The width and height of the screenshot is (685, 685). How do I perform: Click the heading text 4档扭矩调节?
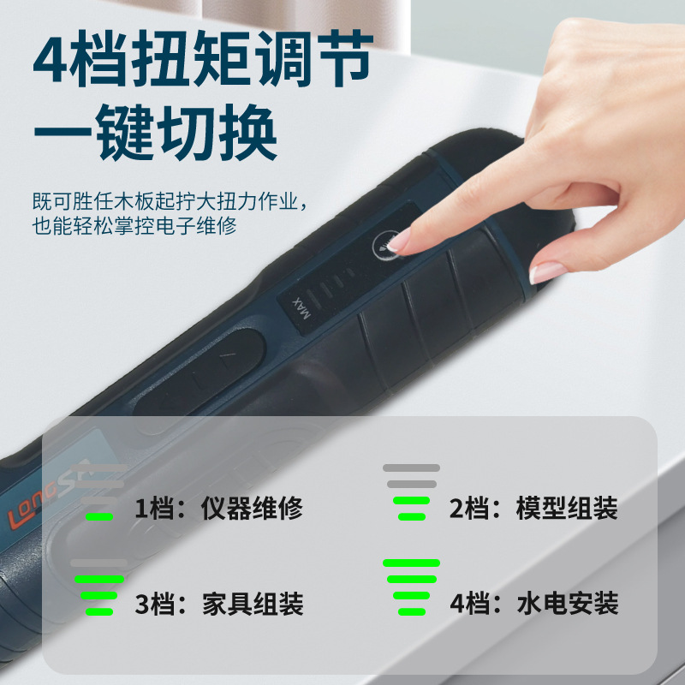(203, 57)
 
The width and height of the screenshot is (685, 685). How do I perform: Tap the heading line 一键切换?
(156, 133)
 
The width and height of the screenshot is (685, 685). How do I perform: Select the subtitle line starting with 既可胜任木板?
(170, 201)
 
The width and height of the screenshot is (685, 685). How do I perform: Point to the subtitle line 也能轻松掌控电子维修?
(134, 226)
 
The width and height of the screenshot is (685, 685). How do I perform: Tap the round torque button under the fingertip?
(387, 246)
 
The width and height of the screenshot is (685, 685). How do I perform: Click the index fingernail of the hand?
(398, 241)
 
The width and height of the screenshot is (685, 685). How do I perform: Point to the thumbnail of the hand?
(546, 272)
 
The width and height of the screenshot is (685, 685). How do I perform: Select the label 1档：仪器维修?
(219, 508)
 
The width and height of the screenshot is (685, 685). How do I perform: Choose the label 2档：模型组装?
(533, 508)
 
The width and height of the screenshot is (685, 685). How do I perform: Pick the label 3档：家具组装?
(219, 604)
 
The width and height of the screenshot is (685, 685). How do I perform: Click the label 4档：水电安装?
(533, 604)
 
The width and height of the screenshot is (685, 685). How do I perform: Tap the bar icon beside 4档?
(412, 587)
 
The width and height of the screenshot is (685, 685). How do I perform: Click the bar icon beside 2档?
(412, 492)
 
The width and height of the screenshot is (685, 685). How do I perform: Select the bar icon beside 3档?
(99, 587)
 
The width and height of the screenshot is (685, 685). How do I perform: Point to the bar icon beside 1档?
(99, 492)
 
